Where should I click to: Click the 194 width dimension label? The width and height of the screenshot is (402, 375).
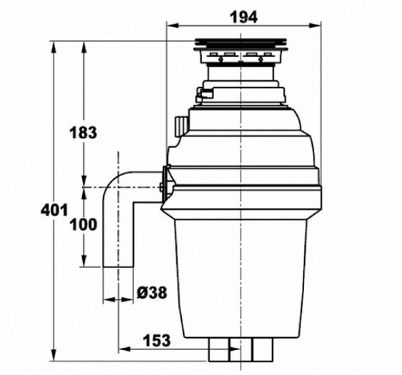coord(244,17)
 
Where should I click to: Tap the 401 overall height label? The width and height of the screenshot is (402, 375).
coord(54,210)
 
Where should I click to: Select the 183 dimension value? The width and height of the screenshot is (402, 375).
coord(84,132)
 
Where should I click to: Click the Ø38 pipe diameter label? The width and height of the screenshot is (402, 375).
coord(152,293)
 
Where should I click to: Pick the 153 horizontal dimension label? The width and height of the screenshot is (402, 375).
coord(157,340)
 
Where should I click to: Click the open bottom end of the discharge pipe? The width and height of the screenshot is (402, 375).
coord(118,266)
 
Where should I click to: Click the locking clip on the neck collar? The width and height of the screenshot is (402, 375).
coord(200,95)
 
